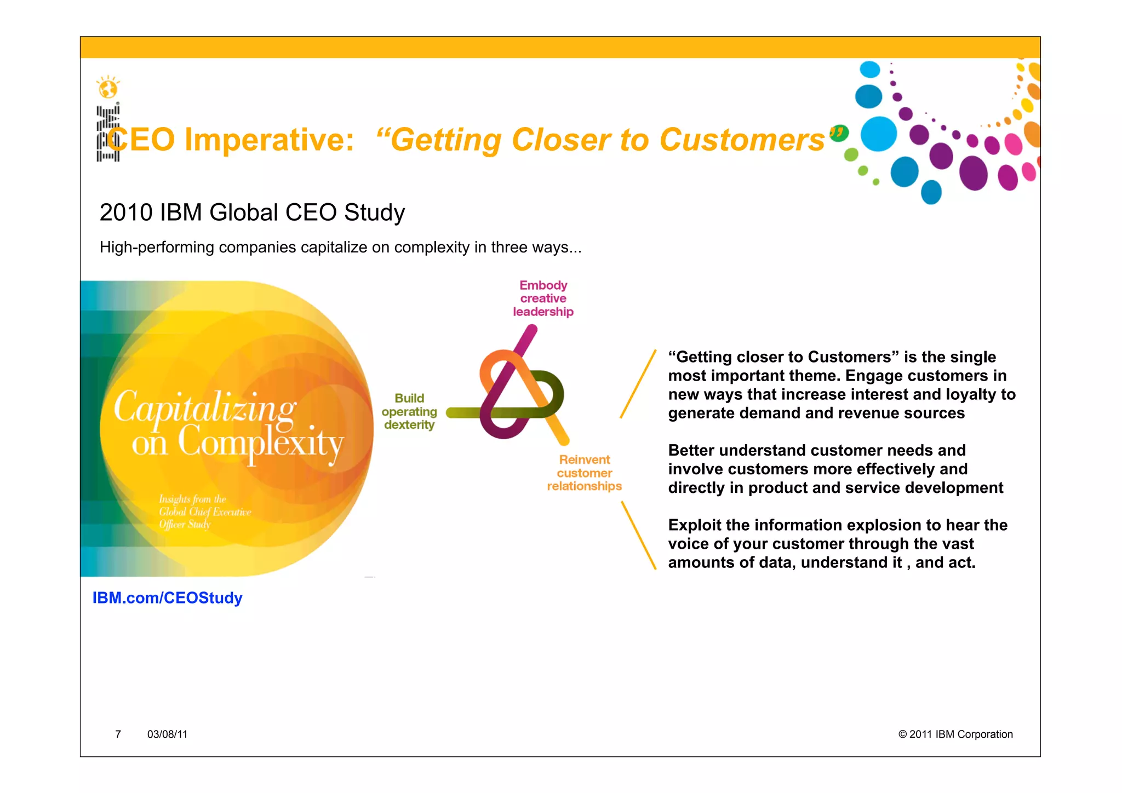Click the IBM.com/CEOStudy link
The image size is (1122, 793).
(167, 597)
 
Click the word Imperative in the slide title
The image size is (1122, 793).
(269, 140)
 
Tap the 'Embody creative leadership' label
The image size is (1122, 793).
(543, 298)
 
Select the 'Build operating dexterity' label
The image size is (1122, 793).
(409, 411)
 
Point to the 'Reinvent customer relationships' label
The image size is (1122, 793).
(584, 473)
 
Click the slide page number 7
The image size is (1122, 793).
(118, 734)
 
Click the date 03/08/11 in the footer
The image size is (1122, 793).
(167, 734)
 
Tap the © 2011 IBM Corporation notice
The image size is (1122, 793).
(955, 734)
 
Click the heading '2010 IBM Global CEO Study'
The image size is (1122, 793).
(252, 212)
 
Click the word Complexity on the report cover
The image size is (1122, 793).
(260, 444)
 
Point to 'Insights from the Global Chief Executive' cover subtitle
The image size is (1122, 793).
(204, 505)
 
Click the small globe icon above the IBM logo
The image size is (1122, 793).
(108, 88)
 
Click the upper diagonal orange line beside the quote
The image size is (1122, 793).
(638, 383)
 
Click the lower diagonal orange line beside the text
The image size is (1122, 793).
(639, 536)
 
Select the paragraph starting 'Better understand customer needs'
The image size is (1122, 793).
(835, 469)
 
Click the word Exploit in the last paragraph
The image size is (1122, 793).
(694, 525)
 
